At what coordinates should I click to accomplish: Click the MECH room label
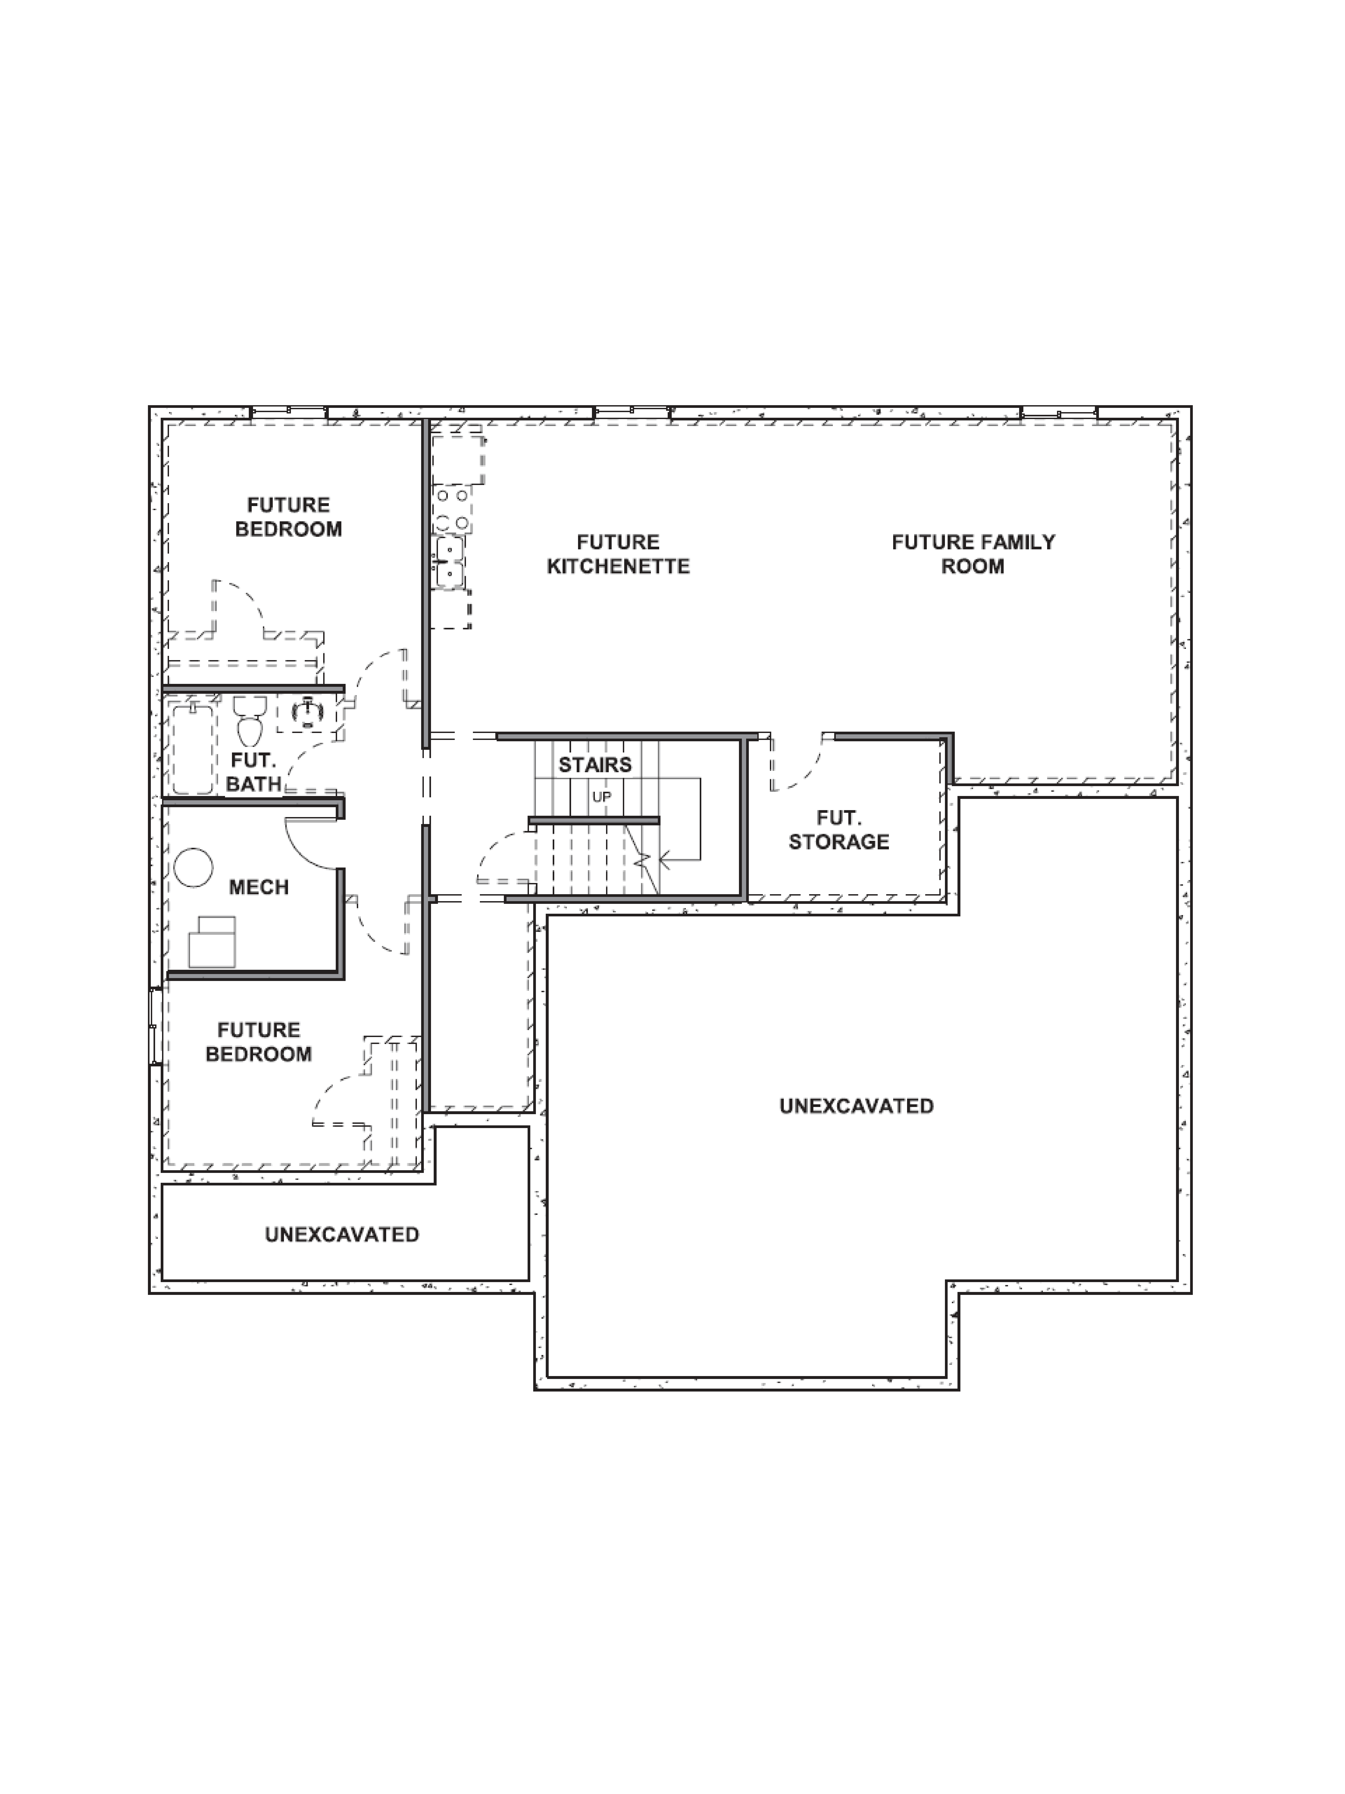coord(259,887)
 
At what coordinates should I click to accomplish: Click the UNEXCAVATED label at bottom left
coord(342,1234)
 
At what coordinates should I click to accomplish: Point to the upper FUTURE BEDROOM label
coord(289,517)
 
